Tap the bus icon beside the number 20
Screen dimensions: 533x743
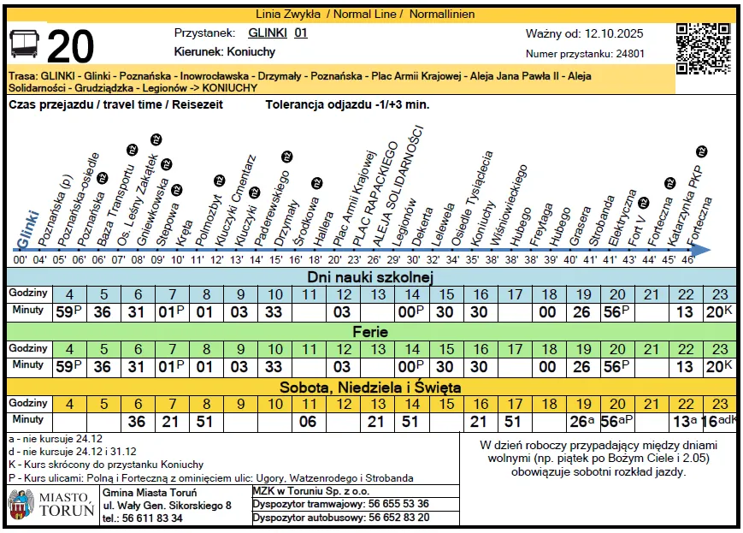(25, 45)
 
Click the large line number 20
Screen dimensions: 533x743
(70, 47)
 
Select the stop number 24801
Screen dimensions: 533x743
(628, 54)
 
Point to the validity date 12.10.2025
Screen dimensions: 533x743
(614, 34)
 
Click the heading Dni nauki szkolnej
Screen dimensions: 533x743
(371, 277)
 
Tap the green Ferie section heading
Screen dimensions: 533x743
(371, 332)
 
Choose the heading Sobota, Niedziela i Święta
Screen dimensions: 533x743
(371, 388)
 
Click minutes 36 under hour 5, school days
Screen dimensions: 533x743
(103, 311)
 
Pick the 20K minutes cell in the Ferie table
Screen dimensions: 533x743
(721, 366)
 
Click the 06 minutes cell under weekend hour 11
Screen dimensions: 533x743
(309, 421)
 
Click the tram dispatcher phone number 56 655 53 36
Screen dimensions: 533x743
(398, 504)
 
